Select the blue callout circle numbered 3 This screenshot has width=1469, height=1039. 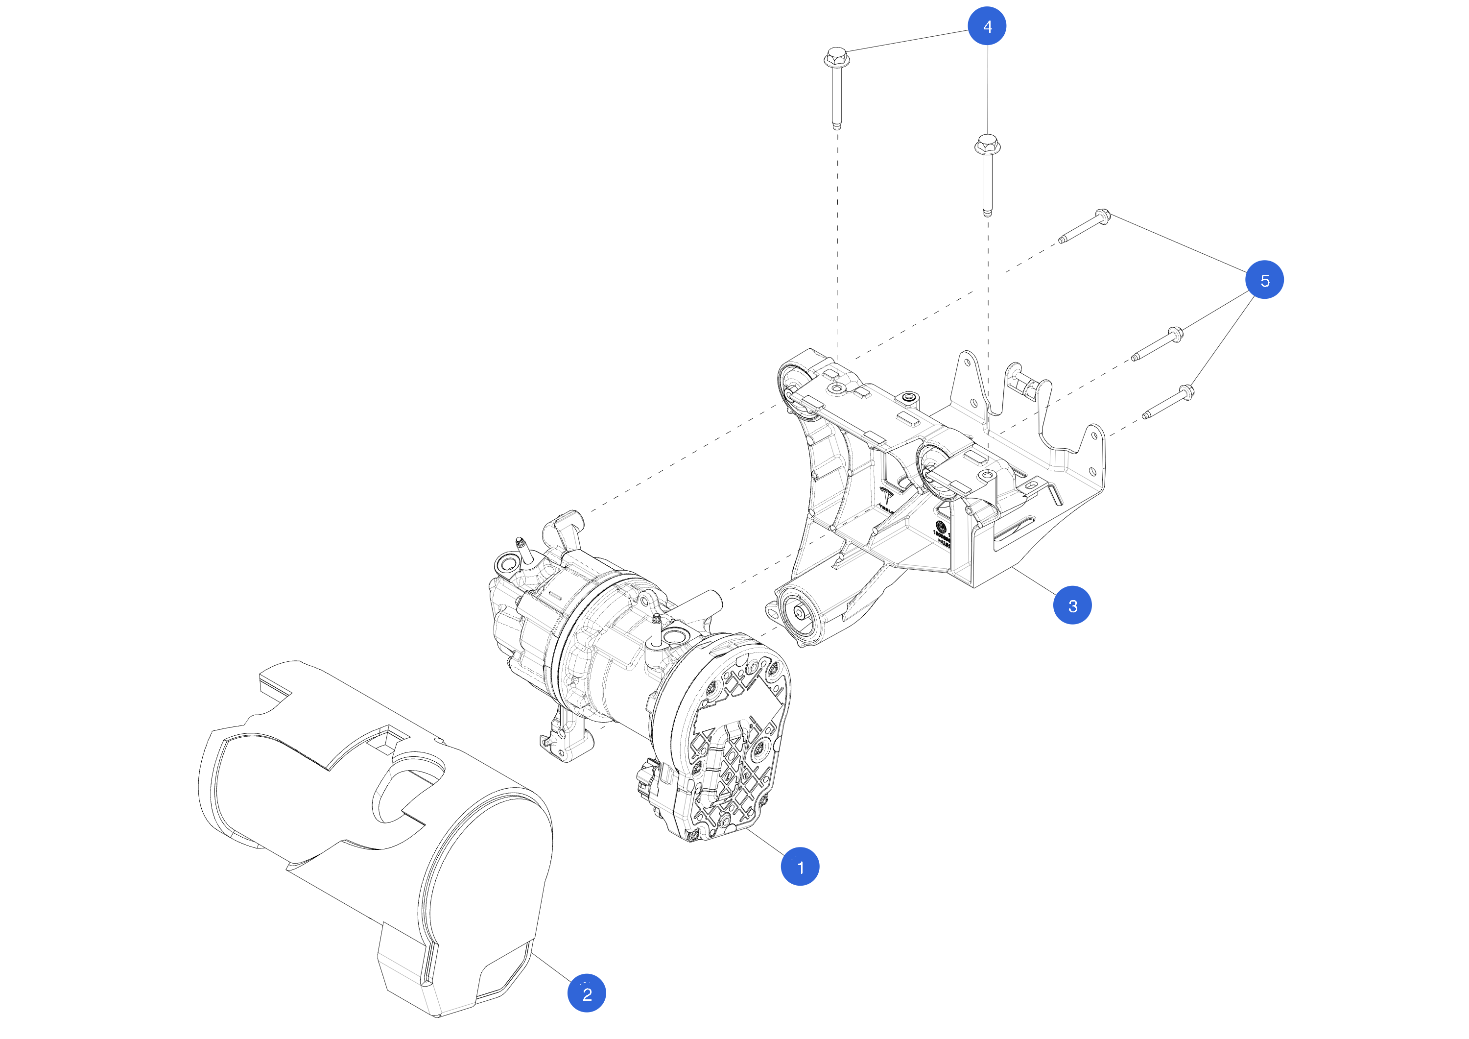coord(1072,605)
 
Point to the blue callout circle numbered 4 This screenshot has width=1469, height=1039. coord(987,26)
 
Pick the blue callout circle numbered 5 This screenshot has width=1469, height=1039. coord(1264,280)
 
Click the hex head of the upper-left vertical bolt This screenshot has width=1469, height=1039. coord(836,56)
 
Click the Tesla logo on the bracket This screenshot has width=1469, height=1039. coord(887,496)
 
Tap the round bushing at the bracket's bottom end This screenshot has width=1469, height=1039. coord(799,613)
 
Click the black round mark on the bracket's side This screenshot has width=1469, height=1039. coord(940,526)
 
